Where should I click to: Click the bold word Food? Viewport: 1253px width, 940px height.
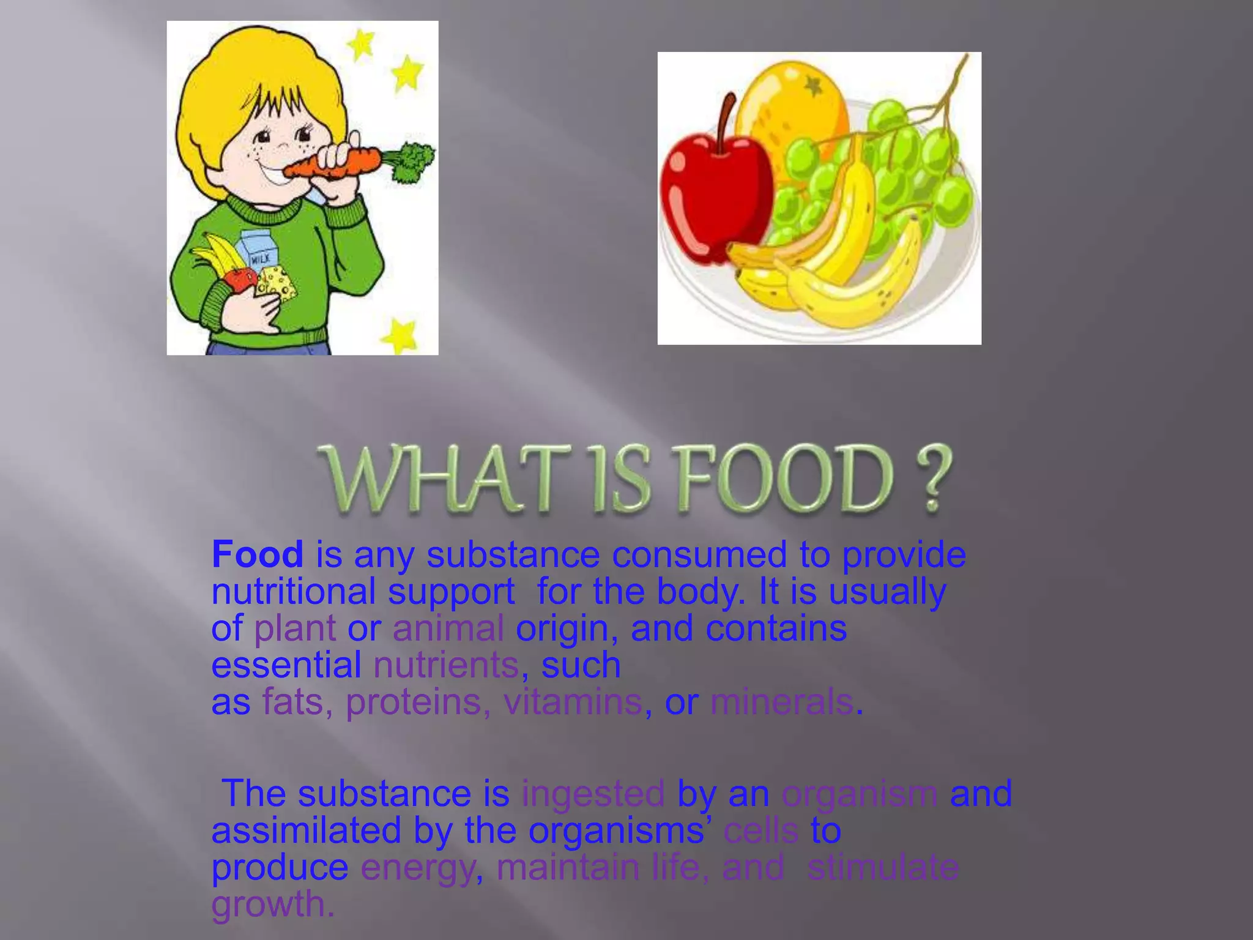257,554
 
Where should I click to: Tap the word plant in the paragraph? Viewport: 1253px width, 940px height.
295,629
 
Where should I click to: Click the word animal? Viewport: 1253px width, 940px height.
448,629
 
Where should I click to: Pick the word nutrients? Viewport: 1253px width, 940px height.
446,665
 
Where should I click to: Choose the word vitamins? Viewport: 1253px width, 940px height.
573,702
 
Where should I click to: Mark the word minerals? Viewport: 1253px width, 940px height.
781,702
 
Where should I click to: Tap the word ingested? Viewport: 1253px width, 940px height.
593,794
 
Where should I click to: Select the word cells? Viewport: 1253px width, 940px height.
760,831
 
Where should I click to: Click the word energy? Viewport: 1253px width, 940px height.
417,868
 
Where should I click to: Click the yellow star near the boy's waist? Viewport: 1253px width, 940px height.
401,335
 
